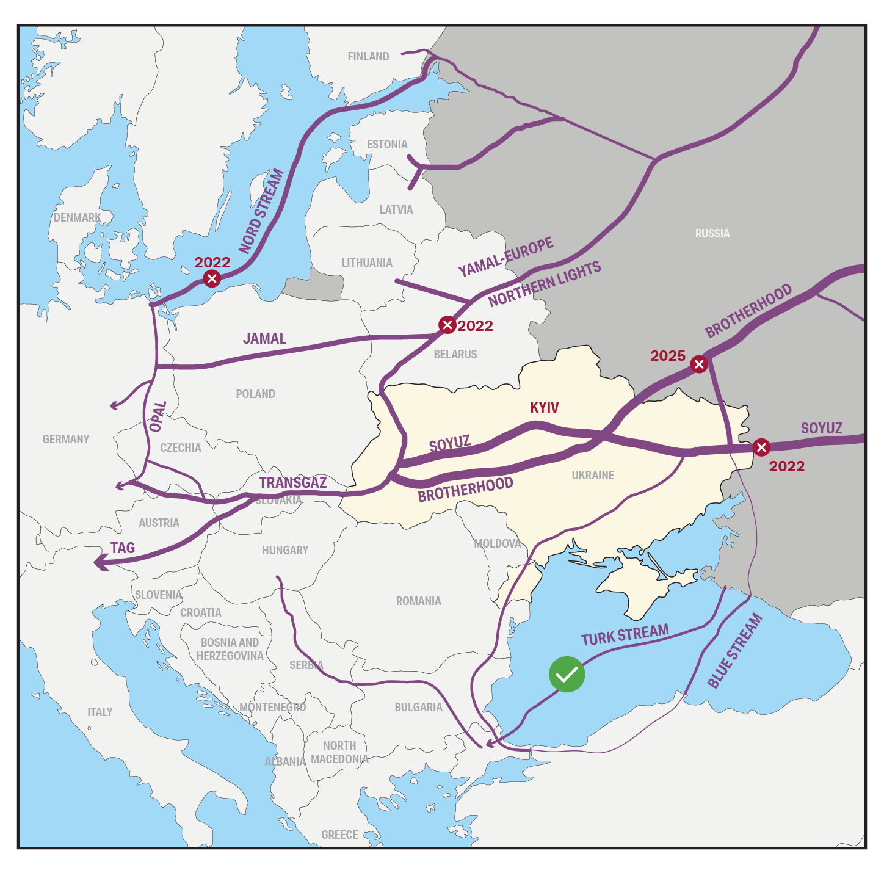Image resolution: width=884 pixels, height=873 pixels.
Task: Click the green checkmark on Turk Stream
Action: (567, 675)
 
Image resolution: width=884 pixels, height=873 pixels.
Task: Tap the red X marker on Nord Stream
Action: (212, 279)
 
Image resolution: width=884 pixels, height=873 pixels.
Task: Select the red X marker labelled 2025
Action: (699, 364)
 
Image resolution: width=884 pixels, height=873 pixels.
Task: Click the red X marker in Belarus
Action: (447, 325)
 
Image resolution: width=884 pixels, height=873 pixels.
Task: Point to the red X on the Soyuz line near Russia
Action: (761, 447)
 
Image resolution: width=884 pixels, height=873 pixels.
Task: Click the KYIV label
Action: (544, 408)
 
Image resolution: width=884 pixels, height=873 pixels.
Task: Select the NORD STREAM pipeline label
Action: (261, 211)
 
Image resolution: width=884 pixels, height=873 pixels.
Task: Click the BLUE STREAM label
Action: (735, 651)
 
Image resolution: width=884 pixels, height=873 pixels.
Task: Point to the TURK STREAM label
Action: (625, 635)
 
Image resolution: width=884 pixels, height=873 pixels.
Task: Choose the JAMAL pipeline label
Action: (264, 338)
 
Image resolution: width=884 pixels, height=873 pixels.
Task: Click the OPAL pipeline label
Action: (158, 416)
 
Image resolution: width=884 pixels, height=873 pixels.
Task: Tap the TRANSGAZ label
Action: (292, 482)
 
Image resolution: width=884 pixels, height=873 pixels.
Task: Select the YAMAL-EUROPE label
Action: (505, 257)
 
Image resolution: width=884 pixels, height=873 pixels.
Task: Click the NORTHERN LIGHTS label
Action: (545, 284)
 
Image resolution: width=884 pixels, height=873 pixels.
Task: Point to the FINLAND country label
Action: (368, 57)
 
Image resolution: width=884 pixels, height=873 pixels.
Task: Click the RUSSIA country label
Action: (712, 233)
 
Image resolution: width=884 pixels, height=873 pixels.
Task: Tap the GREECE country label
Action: (339, 835)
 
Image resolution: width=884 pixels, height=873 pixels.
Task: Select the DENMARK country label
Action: (77, 217)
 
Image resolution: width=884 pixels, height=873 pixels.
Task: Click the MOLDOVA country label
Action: (498, 543)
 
